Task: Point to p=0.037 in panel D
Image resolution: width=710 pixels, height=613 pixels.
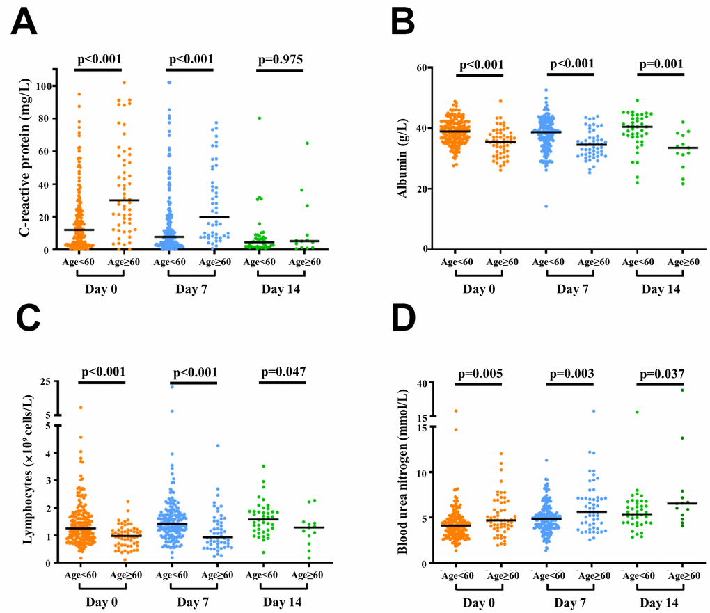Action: click(661, 373)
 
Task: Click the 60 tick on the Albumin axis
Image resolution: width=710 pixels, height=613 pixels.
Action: click(420, 68)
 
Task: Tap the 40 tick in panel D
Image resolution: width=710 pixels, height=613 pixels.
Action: click(420, 383)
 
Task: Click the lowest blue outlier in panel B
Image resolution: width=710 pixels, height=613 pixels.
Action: click(546, 206)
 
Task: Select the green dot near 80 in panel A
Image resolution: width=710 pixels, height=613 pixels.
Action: click(259, 118)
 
